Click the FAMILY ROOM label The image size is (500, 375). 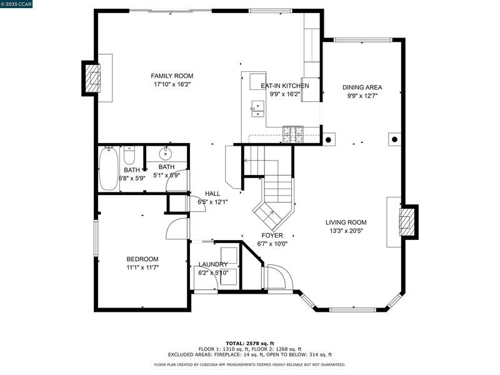point(172,76)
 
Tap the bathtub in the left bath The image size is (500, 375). point(108,169)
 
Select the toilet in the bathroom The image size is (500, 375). point(129,155)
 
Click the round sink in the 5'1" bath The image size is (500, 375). point(166,154)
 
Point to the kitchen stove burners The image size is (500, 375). point(293,134)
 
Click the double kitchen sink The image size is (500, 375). point(257,109)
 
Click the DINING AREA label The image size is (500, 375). point(362,87)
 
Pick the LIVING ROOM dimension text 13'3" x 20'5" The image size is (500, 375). point(346,231)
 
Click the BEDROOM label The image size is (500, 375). point(142,259)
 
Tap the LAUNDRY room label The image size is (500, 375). point(213,264)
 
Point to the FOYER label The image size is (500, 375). point(272,236)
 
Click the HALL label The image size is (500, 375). point(212,194)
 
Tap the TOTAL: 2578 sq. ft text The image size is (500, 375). point(250,343)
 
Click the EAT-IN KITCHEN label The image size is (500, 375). point(285,86)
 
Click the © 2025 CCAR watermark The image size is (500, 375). point(16,4)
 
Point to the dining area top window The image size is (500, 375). point(362,40)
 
